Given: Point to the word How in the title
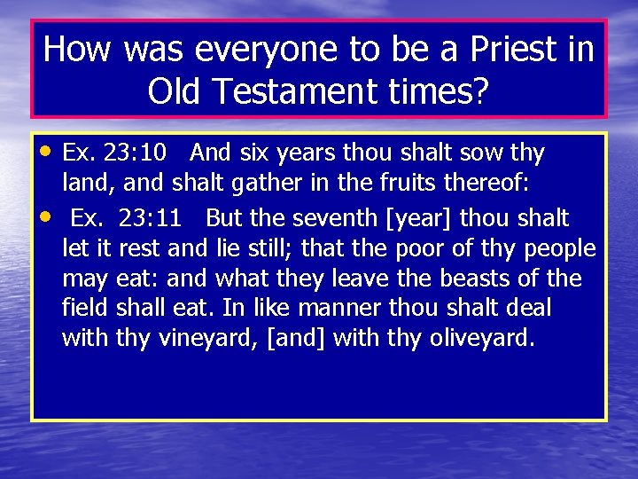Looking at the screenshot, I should click(76, 50).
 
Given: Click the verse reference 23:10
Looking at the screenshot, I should click(134, 153).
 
